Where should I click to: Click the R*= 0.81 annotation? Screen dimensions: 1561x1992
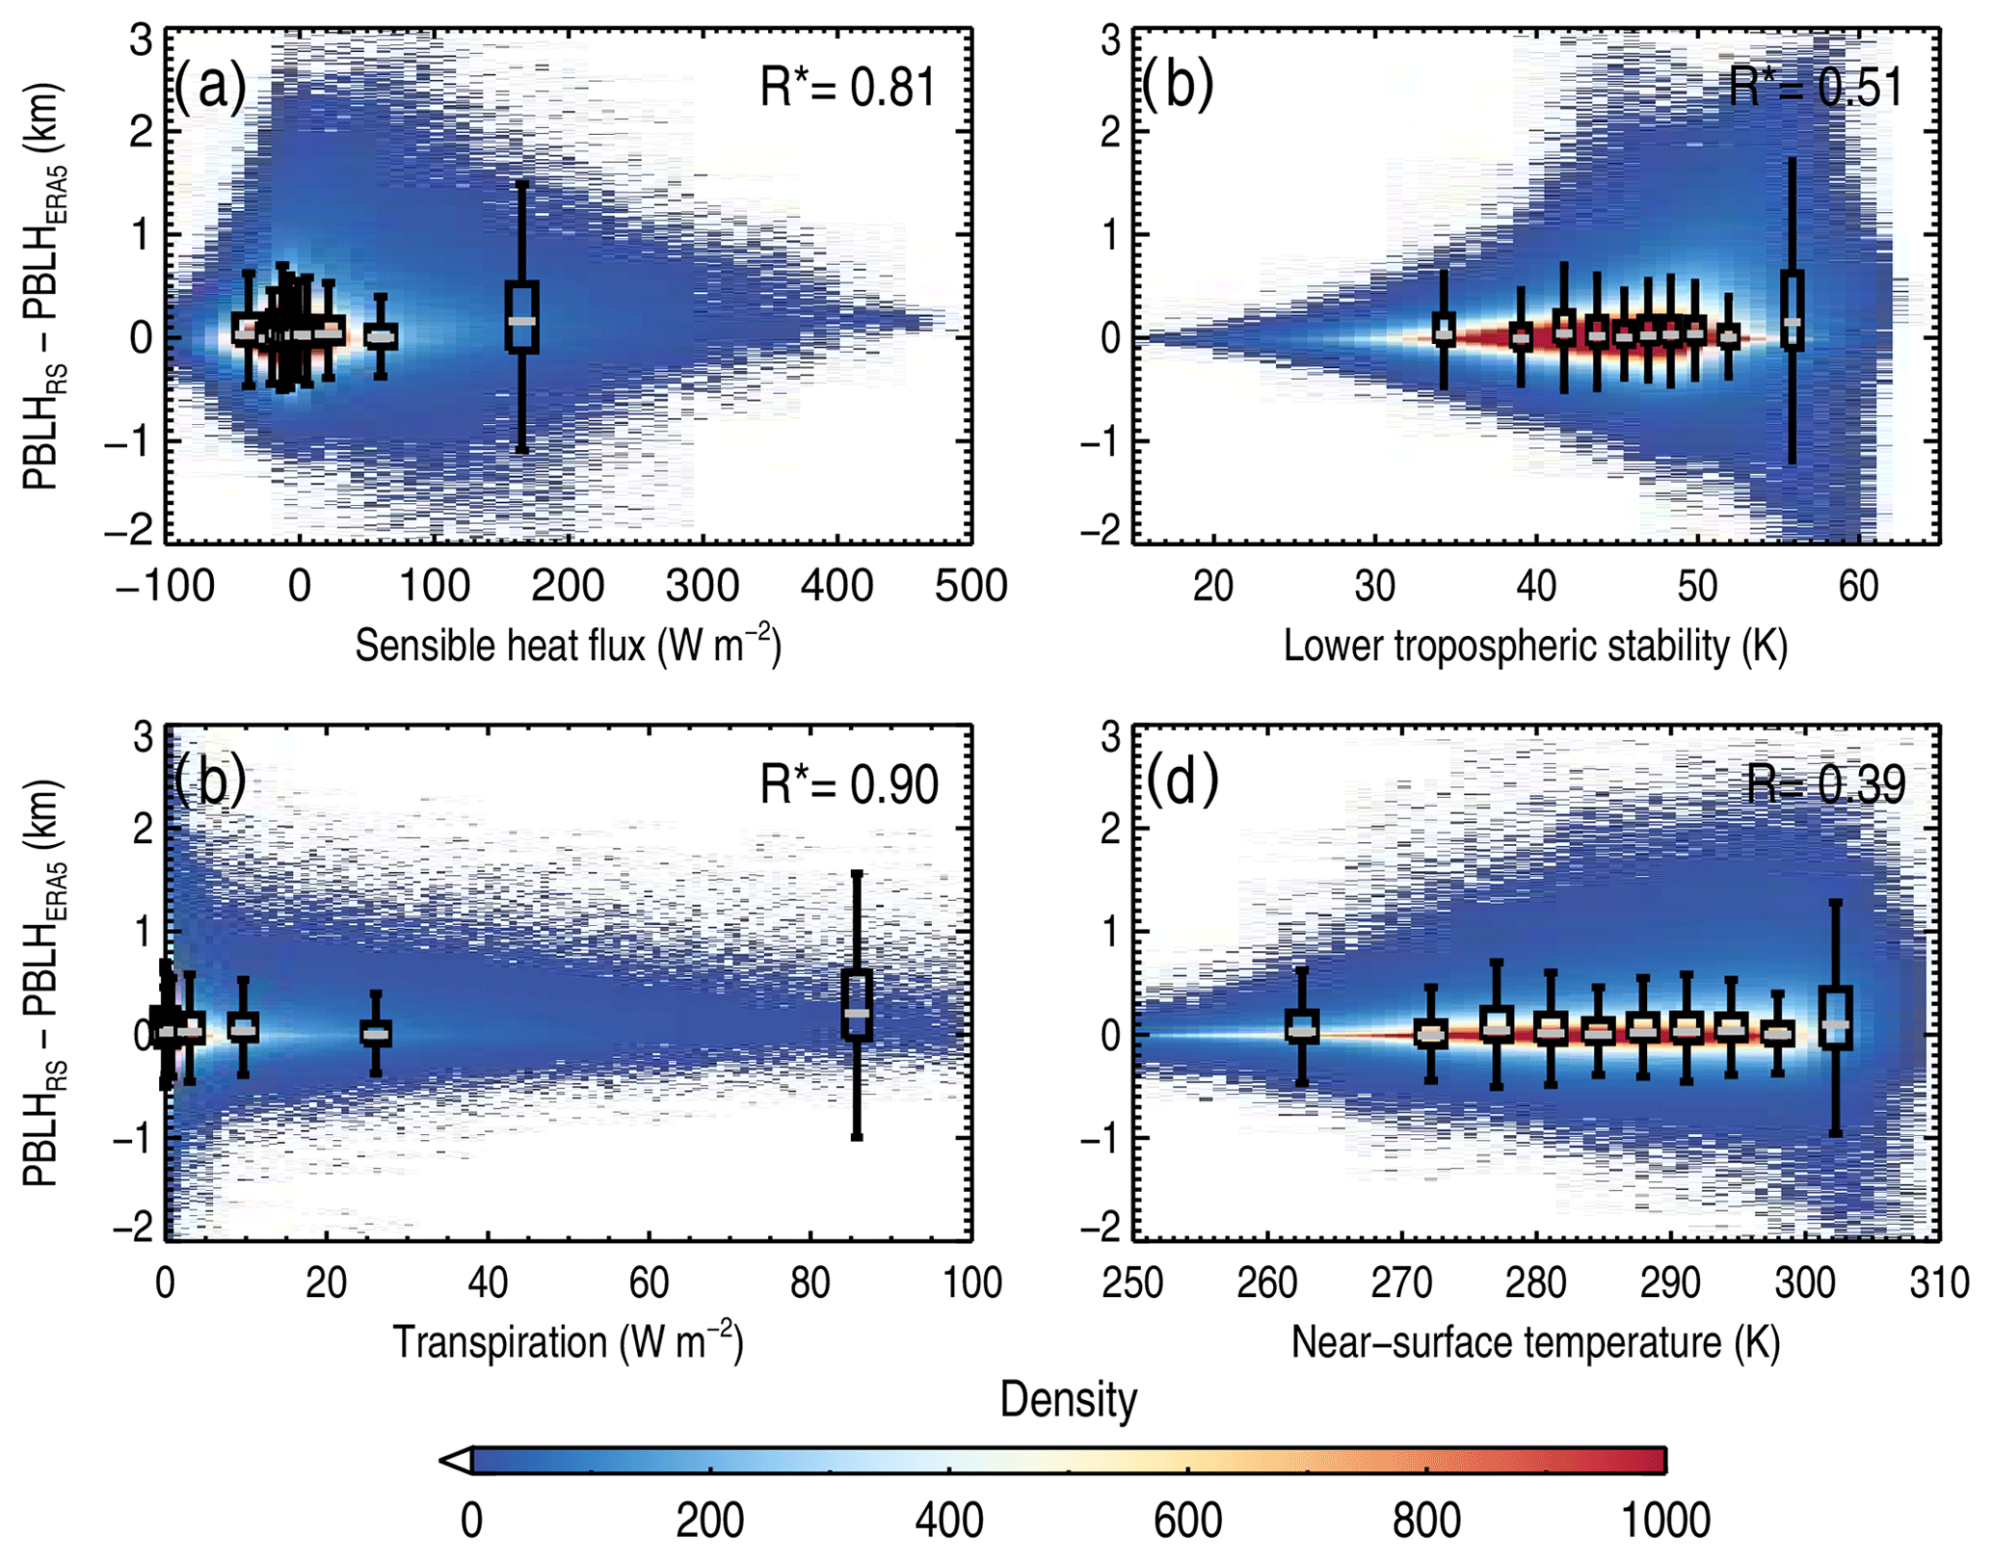847,89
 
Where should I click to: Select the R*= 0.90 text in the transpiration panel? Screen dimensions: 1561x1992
848,785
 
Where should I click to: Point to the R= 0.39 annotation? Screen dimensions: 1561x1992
1825,785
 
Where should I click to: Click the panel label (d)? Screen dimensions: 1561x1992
1182,780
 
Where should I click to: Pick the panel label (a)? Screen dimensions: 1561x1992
210,87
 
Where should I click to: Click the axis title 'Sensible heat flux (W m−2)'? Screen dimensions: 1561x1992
568,645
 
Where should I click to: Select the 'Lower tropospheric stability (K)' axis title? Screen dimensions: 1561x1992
1535,646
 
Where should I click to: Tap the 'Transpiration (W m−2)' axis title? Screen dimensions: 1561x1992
568,1341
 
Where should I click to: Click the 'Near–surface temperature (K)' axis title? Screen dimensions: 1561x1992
1535,1342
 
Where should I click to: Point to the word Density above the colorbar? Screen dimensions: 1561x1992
1068,1399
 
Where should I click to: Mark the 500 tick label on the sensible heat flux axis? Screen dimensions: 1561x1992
970,586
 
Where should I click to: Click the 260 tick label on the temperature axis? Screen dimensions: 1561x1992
1266,1283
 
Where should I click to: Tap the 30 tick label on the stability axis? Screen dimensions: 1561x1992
1374,586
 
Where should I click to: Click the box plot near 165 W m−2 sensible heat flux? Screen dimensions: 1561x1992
521,317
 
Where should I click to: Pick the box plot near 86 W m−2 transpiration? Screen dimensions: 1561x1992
857,1005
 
